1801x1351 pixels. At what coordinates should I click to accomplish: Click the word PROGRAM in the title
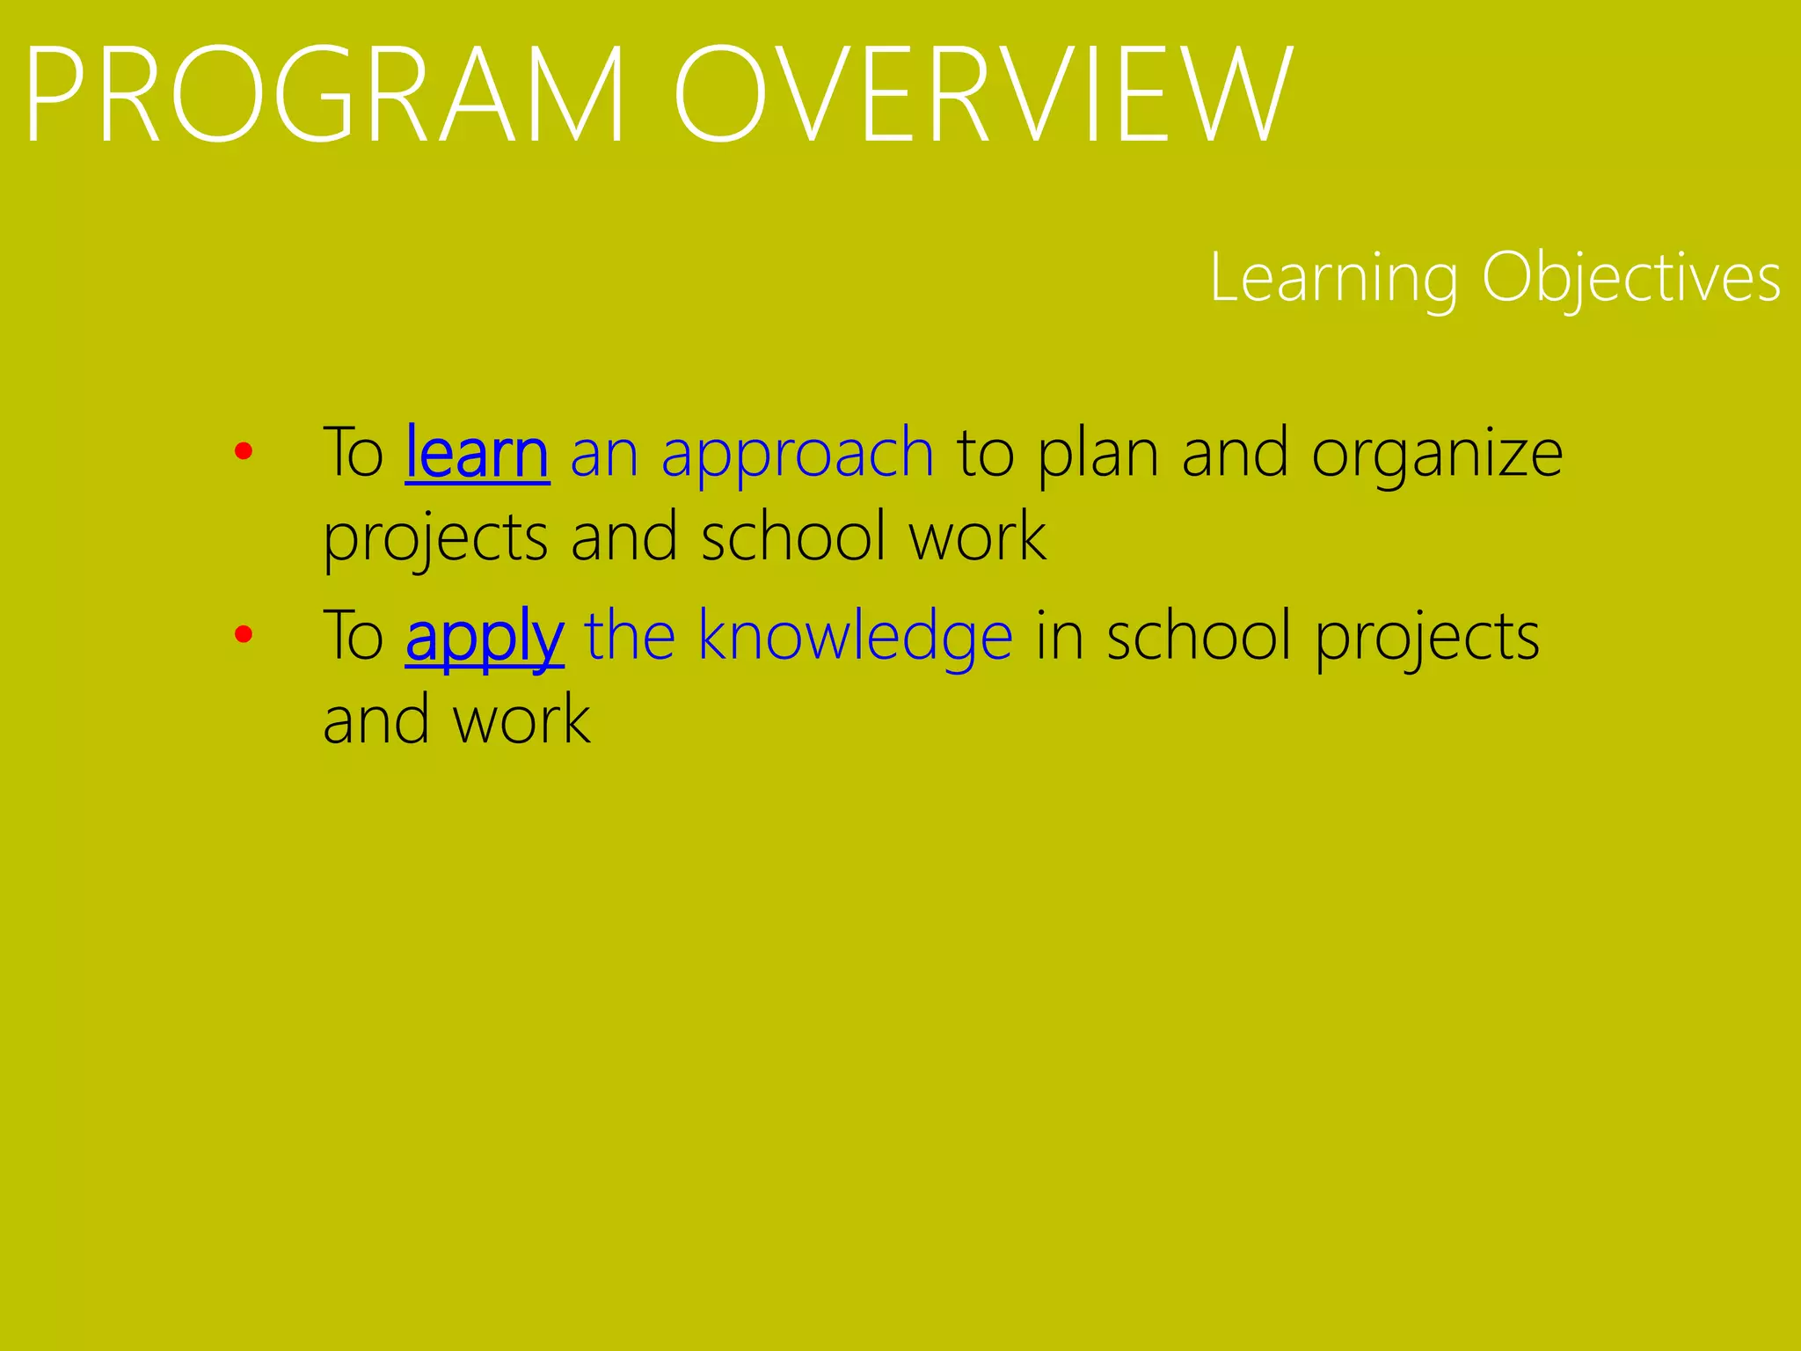(x=325, y=95)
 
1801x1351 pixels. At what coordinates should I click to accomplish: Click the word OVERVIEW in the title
(x=982, y=95)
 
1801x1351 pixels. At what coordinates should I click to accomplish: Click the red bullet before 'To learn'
(x=244, y=452)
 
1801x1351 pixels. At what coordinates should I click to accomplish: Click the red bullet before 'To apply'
(x=244, y=634)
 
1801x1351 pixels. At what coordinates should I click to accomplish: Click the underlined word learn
(x=478, y=452)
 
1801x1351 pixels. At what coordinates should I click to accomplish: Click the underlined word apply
(x=485, y=637)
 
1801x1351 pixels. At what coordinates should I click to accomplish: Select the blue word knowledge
(x=855, y=637)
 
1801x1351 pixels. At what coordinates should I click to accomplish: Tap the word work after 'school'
(x=977, y=537)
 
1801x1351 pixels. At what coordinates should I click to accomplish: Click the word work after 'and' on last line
(x=521, y=719)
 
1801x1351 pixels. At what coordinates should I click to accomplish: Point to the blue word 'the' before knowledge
(x=630, y=635)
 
